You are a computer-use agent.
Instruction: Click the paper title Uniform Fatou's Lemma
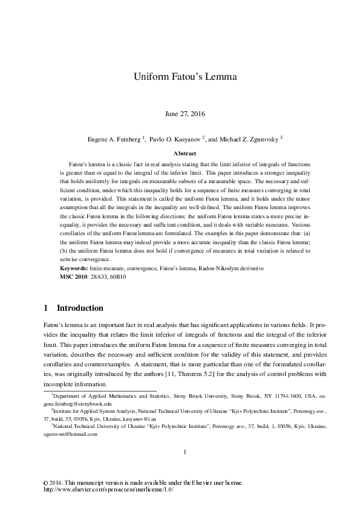click(180, 77)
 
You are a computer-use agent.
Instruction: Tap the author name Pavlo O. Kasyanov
click(175, 138)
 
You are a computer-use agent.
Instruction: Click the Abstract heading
click(180, 154)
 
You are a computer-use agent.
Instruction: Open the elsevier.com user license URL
click(105, 490)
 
